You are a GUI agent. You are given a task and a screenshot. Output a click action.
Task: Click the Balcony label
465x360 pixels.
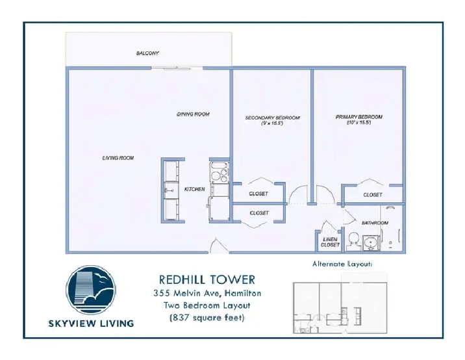click(x=147, y=53)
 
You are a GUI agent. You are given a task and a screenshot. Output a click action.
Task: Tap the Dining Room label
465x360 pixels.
click(x=193, y=114)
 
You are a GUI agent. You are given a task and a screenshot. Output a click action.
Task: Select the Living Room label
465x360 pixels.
click(x=118, y=158)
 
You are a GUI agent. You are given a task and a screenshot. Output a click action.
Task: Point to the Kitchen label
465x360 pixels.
click(x=195, y=189)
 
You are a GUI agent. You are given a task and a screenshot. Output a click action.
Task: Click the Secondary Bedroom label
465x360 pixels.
click(x=272, y=118)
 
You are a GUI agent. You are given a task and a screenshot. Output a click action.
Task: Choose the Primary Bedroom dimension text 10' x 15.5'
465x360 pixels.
click(x=359, y=122)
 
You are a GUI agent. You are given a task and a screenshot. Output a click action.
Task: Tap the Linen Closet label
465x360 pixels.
click(x=330, y=242)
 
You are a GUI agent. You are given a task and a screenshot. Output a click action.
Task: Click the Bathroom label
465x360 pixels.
click(x=375, y=223)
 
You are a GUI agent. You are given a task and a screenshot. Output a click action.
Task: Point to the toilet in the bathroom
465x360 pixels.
click(x=353, y=241)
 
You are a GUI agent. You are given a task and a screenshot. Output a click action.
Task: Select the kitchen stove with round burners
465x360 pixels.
click(x=220, y=172)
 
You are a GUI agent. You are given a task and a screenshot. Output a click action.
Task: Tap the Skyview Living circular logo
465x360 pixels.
click(x=91, y=290)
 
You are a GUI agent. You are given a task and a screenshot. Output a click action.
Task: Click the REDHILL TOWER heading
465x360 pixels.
click(x=207, y=280)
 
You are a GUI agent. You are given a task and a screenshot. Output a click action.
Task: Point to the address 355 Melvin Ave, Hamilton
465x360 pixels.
click(x=207, y=293)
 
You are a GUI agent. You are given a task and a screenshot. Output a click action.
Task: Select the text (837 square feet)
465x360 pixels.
click(x=207, y=318)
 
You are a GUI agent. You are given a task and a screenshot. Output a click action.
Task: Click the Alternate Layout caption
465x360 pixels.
click(x=342, y=264)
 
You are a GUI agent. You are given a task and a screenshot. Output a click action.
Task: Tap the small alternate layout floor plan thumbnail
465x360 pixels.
click(x=340, y=303)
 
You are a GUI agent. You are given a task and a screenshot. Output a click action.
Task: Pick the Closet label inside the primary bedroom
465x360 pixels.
click(x=373, y=195)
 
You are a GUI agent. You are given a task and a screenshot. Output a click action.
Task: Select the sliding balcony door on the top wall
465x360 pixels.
click(x=177, y=68)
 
